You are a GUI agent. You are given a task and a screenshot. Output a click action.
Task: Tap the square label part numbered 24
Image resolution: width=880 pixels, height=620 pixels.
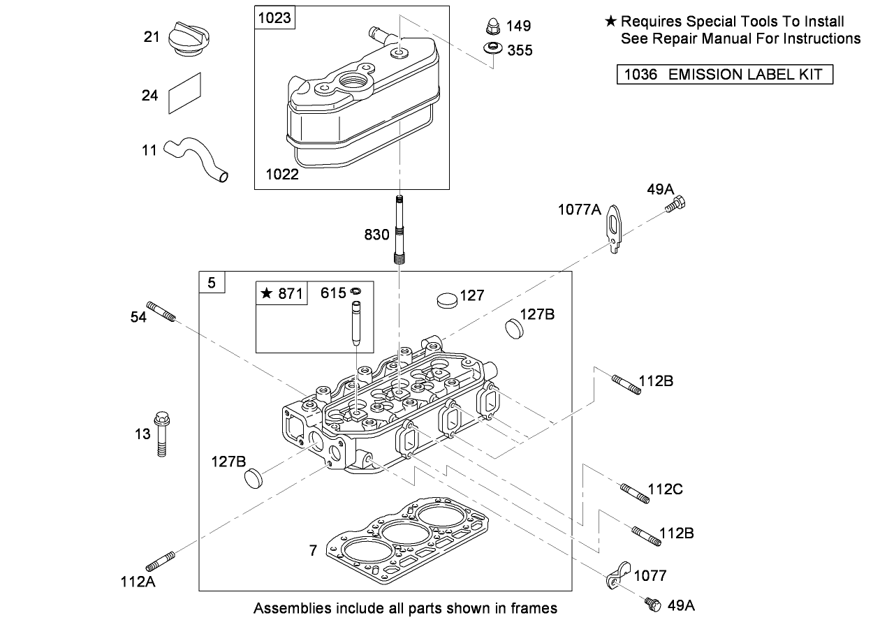[x=184, y=93]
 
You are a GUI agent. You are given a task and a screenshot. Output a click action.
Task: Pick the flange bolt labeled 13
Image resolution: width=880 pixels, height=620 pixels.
[x=162, y=433]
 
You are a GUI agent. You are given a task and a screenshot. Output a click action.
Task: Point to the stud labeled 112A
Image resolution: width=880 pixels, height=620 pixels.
[x=160, y=561]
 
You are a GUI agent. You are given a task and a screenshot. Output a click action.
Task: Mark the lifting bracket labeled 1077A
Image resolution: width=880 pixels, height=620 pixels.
[x=615, y=227]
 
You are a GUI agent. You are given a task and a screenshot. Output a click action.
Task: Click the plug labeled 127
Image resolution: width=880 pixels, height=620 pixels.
[x=446, y=299]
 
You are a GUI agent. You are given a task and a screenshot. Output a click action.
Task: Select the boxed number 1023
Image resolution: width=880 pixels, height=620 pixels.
[x=274, y=17]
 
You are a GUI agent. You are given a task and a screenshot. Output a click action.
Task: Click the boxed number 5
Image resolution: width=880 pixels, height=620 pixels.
[x=212, y=283]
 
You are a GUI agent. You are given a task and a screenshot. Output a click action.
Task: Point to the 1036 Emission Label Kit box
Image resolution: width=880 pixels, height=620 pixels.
[x=725, y=74]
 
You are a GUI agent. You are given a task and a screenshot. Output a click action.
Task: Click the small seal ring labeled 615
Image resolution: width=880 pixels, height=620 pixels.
[x=355, y=291]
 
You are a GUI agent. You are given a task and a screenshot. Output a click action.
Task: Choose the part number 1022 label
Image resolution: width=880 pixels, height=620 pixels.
[x=282, y=175]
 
